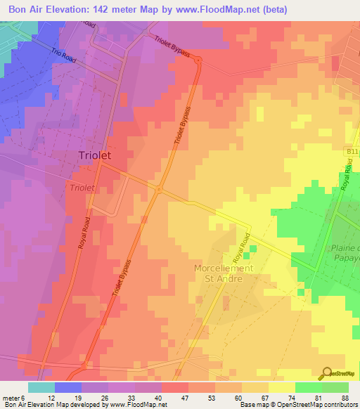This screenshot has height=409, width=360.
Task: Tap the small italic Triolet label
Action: click(x=82, y=188)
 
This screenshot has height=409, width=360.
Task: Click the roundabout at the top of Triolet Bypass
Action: click(x=198, y=61)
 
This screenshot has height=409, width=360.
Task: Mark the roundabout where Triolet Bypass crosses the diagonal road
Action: click(x=160, y=189)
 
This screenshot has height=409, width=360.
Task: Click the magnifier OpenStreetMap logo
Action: click(x=328, y=373)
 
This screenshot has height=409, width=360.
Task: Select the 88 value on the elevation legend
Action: click(x=345, y=397)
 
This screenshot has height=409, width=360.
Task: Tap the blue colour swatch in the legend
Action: click(x=67, y=387)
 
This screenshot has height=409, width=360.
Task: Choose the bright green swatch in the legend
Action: click(x=308, y=387)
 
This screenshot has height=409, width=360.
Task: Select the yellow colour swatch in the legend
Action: click(x=281, y=387)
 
